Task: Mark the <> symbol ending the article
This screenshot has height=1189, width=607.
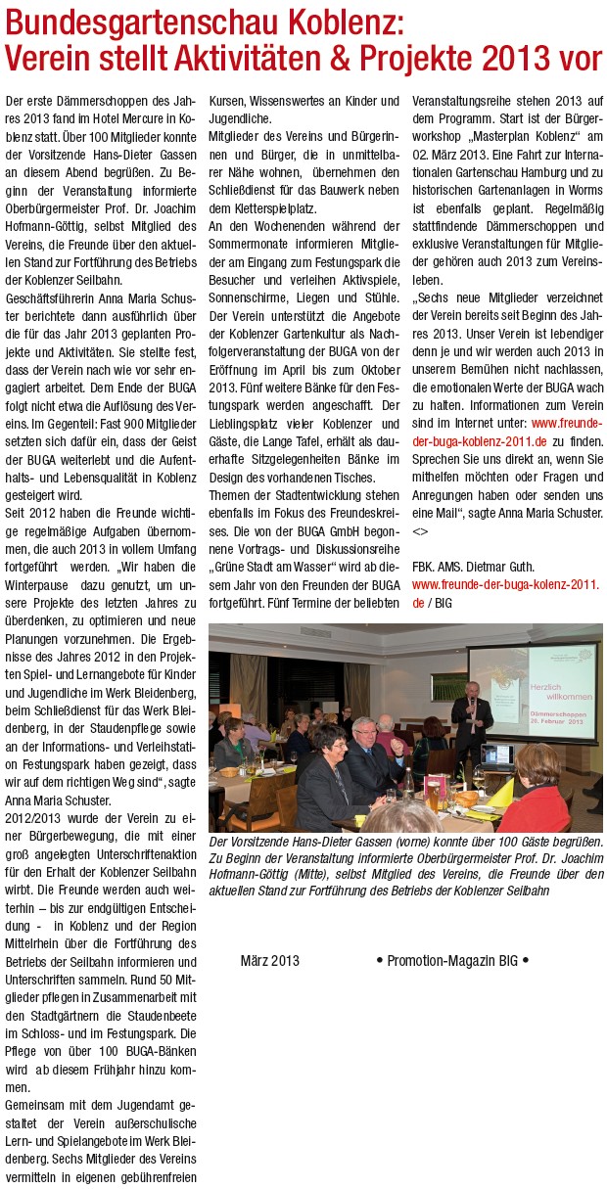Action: (x=420, y=530)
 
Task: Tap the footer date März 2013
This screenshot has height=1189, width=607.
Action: (x=269, y=961)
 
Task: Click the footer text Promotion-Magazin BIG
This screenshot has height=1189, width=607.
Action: (x=451, y=961)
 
